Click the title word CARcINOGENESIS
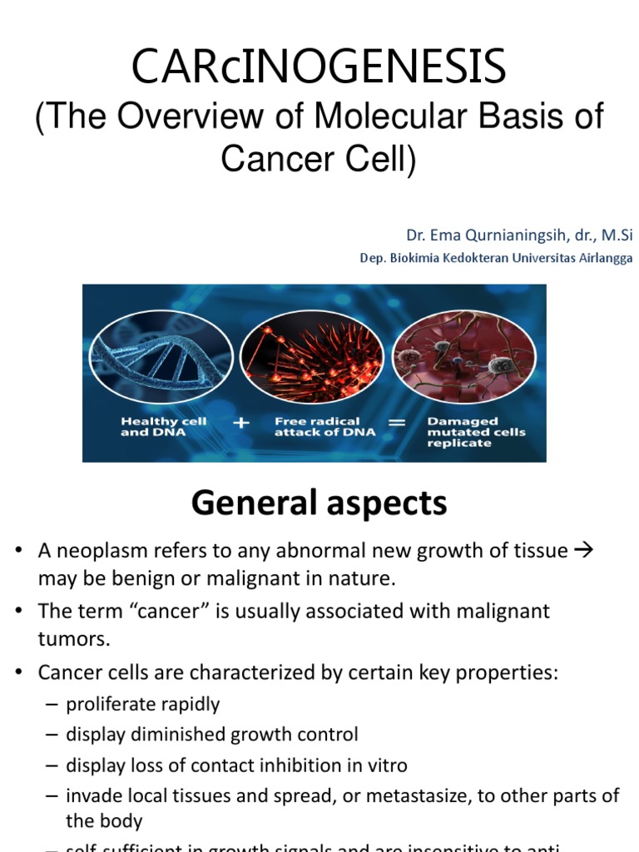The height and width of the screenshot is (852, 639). tap(319, 67)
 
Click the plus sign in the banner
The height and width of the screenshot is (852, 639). tap(241, 423)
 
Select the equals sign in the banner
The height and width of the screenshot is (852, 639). tap(397, 423)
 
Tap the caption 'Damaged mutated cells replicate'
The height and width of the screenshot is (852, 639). tap(463, 432)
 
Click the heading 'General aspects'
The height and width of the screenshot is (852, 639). tap(319, 503)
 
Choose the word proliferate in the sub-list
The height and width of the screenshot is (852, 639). tap(109, 704)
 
